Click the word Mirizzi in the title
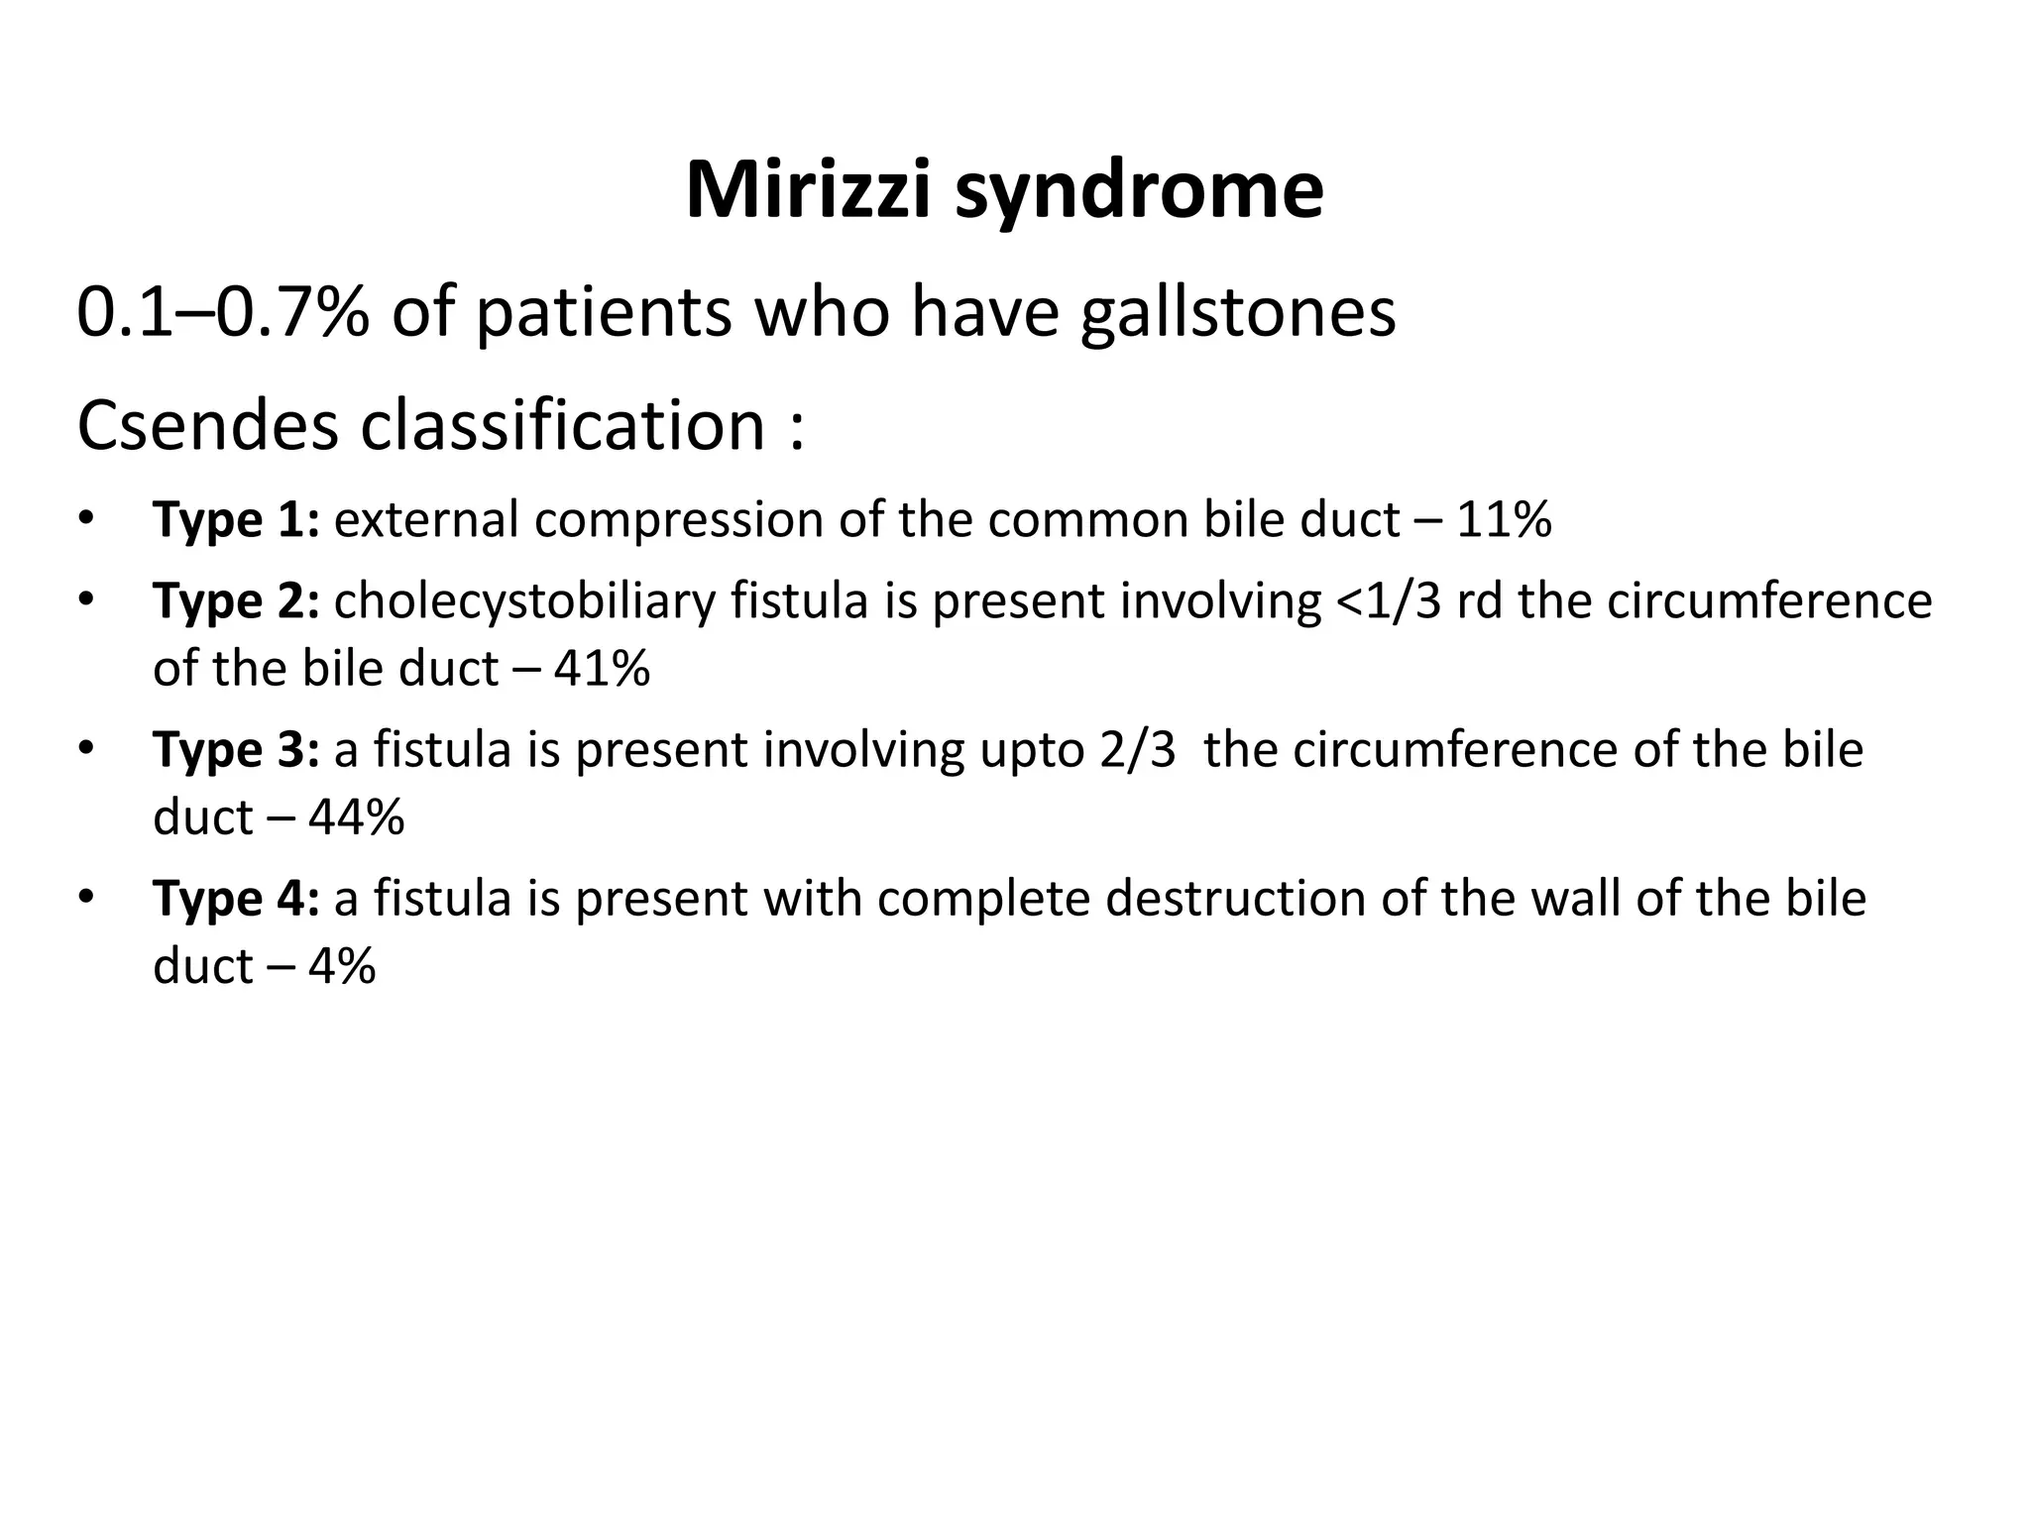(808, 190)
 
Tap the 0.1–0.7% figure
(224, 312)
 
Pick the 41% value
(602, 669)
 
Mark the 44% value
(356, 817)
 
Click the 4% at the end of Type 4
(342, 966)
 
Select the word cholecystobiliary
(524, 601)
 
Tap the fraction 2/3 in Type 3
(1137, 750)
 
